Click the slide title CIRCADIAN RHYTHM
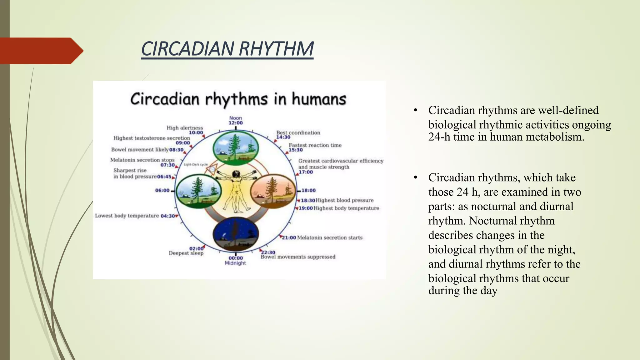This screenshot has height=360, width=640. click(x=227, y=49)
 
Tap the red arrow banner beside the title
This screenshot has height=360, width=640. click(x=41, y=51)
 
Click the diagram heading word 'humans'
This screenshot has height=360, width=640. click(x=319, y=99)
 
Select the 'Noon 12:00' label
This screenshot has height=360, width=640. click(x=236, y=120)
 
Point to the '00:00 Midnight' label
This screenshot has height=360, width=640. click(x=235, y=260)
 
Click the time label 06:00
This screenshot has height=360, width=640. click(x=162, y=190)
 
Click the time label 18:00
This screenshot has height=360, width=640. click(x=308, y=190)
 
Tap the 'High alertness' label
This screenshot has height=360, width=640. click(x=184, y=128)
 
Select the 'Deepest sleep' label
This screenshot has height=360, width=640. click(x=186, y=253)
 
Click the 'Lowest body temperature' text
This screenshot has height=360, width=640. click(x=127, y=216)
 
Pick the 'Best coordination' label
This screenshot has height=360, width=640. click(x=298, y=132)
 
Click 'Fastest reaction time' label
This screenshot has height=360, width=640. click(x=315, y=145)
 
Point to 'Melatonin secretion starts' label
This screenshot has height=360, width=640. click(x=330, y=237)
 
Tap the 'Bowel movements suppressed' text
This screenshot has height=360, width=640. click(x=298, y=257)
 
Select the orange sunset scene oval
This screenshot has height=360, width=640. click(x=273, y=191)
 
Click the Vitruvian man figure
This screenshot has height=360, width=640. click(x=236, y=191)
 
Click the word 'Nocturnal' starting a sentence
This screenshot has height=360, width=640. click(x=490, y=221)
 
